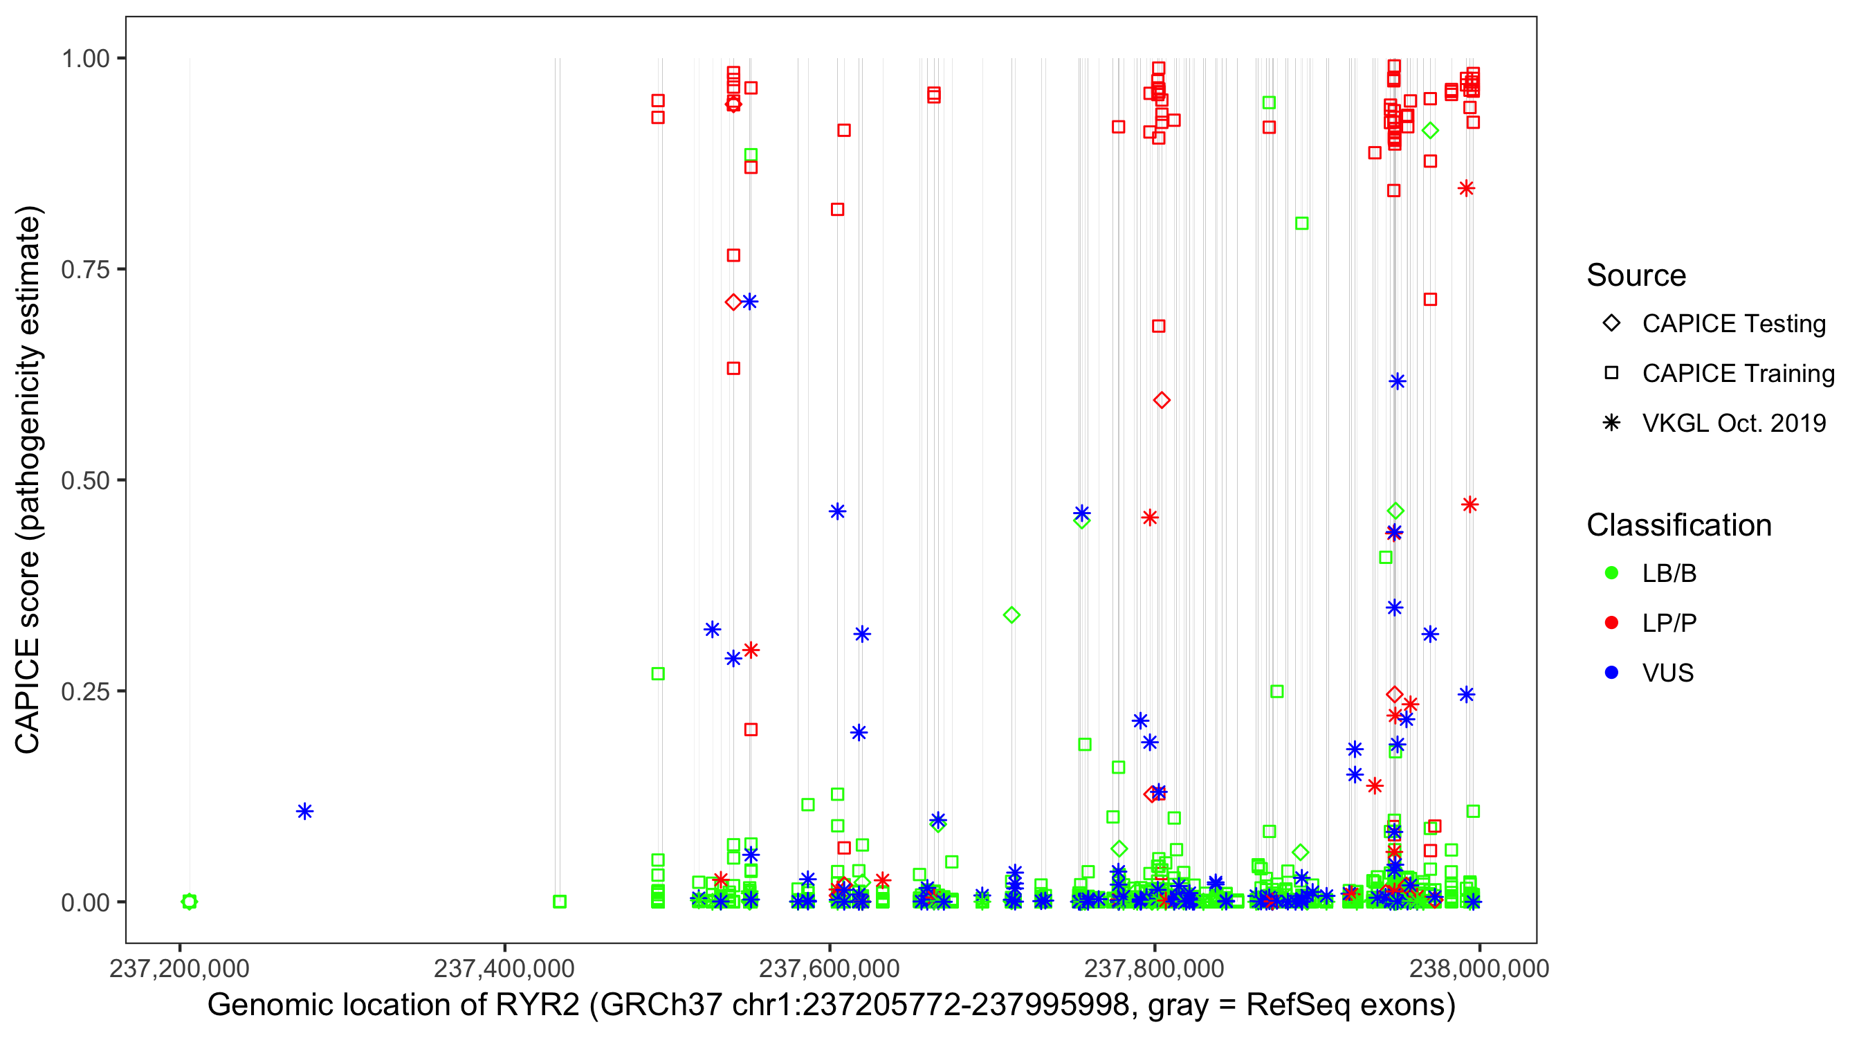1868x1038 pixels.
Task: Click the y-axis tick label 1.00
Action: click(84, 59)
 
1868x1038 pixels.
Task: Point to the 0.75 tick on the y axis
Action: click(84, 270)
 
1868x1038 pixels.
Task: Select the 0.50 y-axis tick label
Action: click(84, 481)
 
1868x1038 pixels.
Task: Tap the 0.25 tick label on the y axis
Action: click(84, 691)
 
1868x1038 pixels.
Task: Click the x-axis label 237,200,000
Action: click(179, 968)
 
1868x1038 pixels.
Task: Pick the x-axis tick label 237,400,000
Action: click(504, 968)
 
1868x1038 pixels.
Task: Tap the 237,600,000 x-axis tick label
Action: click(829, 968)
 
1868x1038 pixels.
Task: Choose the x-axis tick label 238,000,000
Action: click(1478, 968)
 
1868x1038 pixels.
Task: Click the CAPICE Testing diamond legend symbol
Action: click(1611, 324)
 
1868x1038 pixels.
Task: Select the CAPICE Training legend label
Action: click(1737, 374)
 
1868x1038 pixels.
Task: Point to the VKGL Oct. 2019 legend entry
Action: click(1733, 424)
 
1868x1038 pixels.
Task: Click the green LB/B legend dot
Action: click(1611, 573)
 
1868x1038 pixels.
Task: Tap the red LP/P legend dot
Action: click(1611, 623)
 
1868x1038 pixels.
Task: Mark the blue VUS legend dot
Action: click(1611, 673)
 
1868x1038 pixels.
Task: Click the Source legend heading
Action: click(1636, 275)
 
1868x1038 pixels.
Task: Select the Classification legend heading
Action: click(1678, 525)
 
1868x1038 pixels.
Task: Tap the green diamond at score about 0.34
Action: click(1011, 615)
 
